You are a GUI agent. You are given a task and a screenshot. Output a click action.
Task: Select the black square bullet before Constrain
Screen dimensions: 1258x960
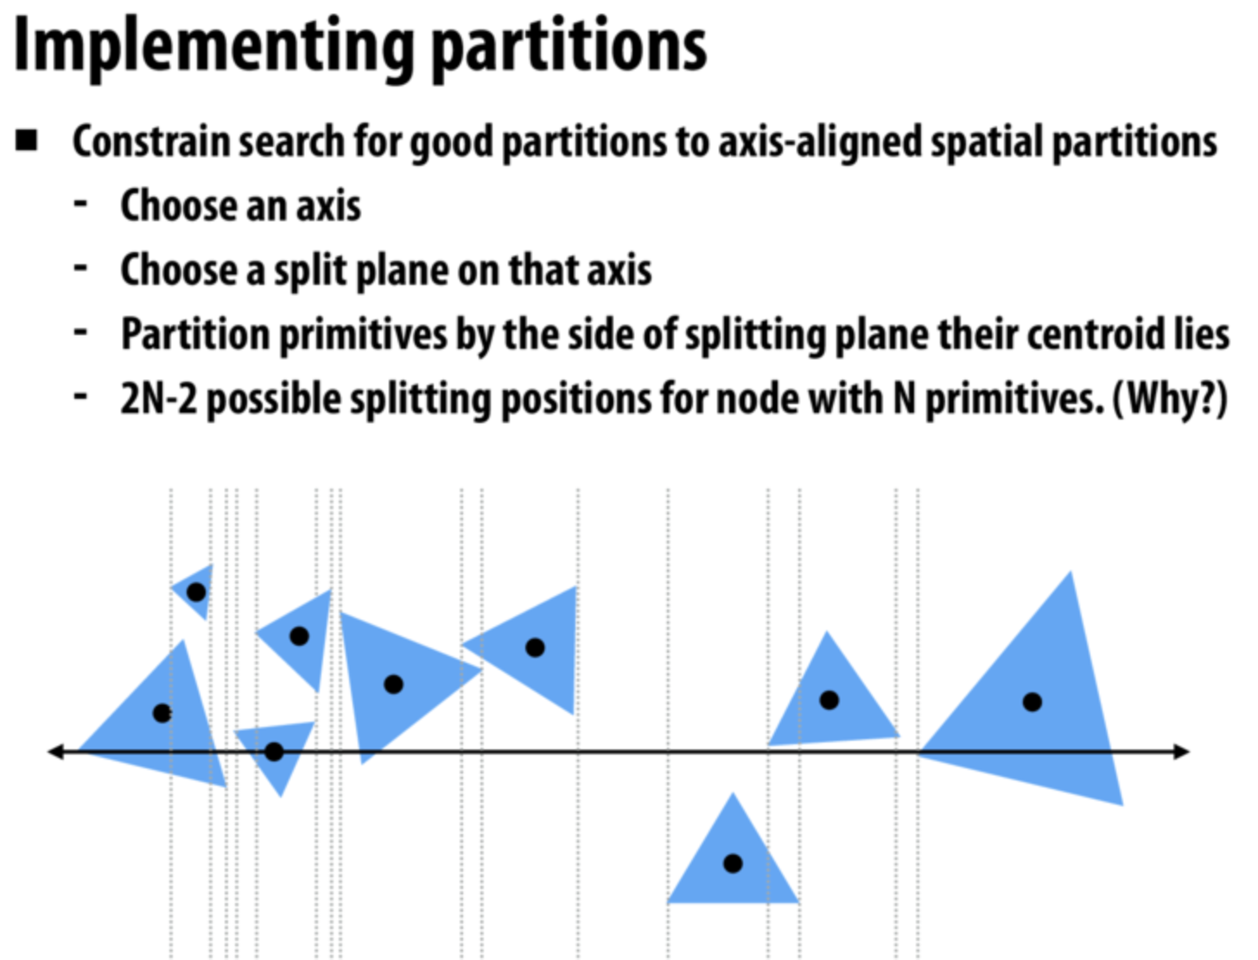pos(27,141)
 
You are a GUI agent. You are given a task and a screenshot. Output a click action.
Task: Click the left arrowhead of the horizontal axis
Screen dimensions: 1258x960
pos(54,752)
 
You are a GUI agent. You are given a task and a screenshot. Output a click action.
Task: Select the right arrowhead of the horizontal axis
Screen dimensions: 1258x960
pos(1183,752)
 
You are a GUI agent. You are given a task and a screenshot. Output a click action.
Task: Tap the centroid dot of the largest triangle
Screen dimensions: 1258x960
pos(1032,702)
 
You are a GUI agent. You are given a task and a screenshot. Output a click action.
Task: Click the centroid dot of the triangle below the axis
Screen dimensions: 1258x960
pos(733,863)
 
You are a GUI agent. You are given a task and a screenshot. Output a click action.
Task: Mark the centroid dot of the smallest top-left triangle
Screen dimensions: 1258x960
pos(196,592)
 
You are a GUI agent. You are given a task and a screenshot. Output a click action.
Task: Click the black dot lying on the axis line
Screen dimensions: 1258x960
pos(274,752)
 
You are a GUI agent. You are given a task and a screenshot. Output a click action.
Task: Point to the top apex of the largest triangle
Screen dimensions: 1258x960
pos(1071,572)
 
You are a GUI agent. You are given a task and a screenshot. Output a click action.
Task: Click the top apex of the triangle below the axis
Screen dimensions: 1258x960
pos(734,794)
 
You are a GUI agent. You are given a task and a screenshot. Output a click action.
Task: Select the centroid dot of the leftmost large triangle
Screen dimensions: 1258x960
pos(162,713)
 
